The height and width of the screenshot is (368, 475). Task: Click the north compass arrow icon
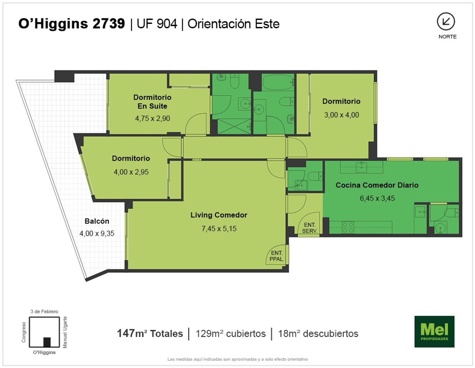click(446, 21)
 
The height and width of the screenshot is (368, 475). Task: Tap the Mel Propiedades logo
click(434, 332)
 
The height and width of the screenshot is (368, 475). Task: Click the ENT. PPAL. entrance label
click(277, 256)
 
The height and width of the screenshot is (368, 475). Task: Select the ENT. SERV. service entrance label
click(310, 228)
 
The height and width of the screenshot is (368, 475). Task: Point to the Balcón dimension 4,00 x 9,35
click(97, 233)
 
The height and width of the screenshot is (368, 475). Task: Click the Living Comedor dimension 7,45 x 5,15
click(219, 228)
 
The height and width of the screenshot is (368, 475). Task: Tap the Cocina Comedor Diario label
click(377, 185)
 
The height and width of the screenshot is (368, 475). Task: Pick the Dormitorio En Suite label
click(152, 102)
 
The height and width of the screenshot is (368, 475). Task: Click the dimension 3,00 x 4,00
click(342, 115)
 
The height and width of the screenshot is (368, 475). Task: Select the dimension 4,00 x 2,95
click(131, 172)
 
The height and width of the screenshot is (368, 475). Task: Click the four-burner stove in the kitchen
click(348, 227)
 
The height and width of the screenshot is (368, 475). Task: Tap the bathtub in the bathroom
click(278, 82)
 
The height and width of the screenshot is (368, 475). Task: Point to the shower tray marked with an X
click(234, 126)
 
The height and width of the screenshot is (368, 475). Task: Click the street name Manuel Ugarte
click(65, 332)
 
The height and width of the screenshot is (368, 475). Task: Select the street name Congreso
click(24, 332)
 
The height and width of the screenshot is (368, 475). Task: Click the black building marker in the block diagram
click(47, 342)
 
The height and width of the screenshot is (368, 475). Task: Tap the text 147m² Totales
click(150, 334)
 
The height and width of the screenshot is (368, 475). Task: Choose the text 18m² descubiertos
click(318, 334)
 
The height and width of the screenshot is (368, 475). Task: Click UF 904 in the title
click(157, 24)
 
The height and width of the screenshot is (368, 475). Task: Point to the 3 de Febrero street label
click(44, 311)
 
